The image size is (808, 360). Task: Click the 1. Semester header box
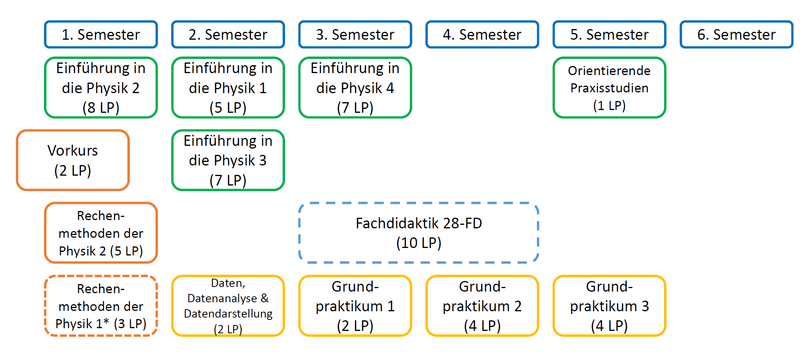(x=101, y=35)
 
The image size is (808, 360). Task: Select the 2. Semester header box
(x=228, y=35)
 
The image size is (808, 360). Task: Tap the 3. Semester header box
(x=355, y=35)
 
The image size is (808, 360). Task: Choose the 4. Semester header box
(x=482, y=35)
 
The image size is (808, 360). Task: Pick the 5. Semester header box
(x=609, y=35)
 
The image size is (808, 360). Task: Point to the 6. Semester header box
(x=736, y=35)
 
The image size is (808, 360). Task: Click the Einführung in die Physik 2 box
(x=101, y=88)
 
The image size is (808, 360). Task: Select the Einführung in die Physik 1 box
(x=228, y=88)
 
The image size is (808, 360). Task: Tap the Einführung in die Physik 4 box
(x=355, y=88)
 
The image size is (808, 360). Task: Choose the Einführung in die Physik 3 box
(x=228, y=160)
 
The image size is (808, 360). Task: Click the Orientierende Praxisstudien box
(x=609, y=88)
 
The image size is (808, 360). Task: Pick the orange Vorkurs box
(x=73, y=160)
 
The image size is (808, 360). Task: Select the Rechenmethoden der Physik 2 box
(x=101, y=233)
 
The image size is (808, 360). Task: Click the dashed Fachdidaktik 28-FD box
(x=419, y=233)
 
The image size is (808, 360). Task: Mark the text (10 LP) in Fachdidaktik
(x=419, y=243)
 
